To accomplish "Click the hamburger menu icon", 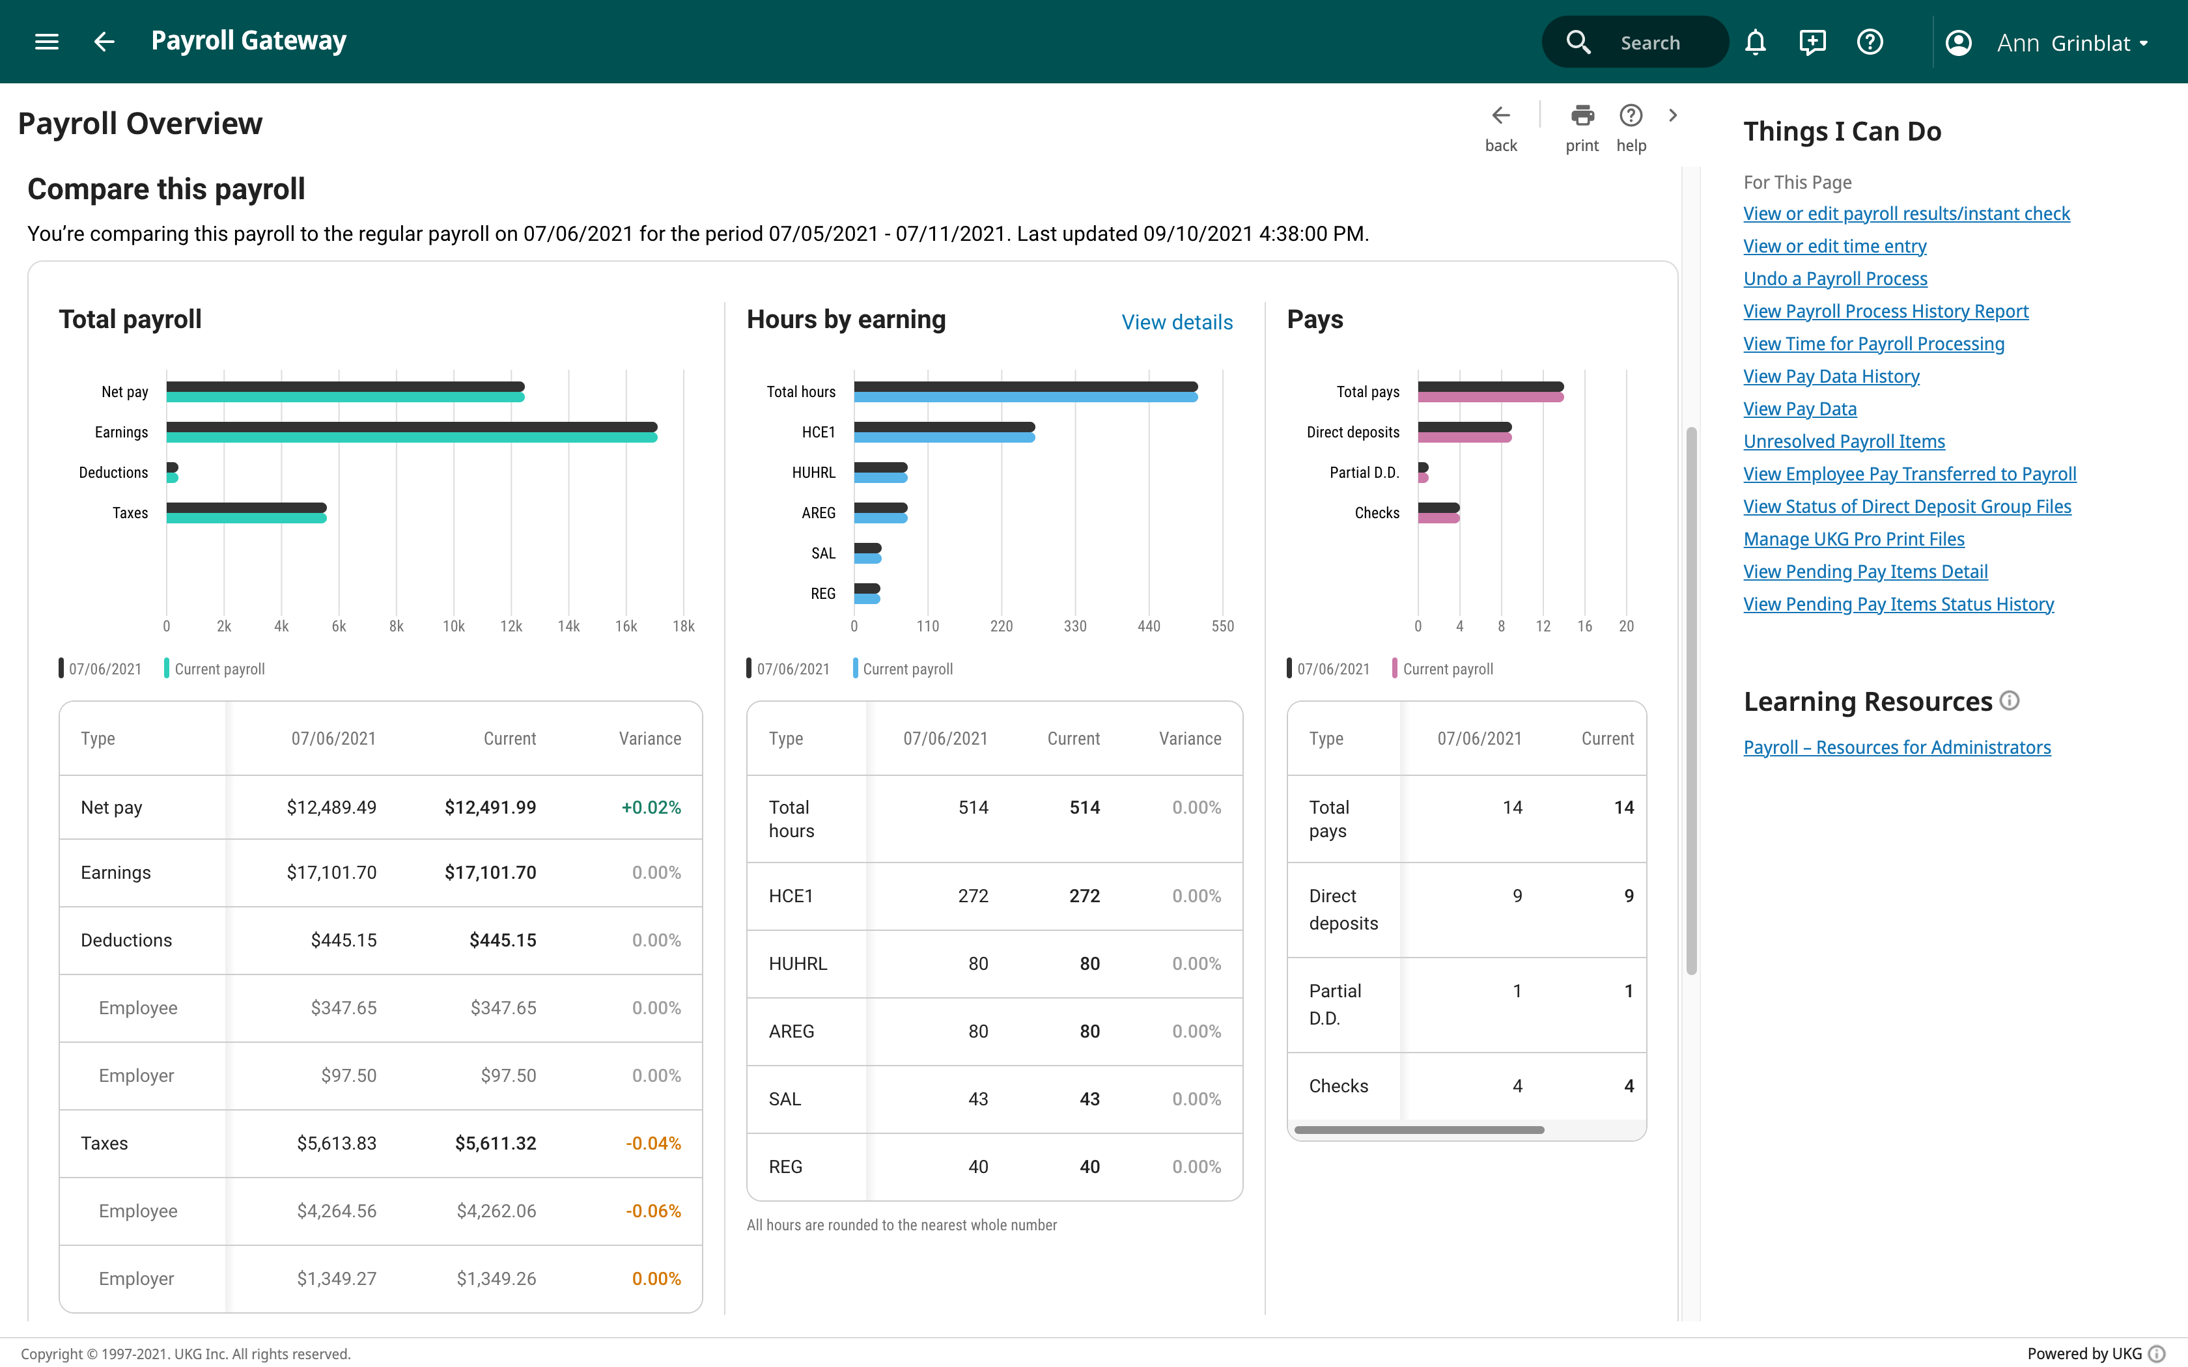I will pos(46,42).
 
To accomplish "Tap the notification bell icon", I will pos(1755,42).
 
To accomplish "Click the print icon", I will pos(1582,116).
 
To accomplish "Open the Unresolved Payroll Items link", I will pos(1844,441).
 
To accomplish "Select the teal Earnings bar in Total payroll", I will pos(412,437).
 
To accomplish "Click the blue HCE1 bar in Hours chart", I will pos(944,437).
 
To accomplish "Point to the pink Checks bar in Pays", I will pos(1438,519).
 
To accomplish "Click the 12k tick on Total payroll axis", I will pos(511,626).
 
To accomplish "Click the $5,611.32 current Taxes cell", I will pos(496,1144).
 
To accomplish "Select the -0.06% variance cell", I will pos(652,1211).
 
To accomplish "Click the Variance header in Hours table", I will pos(1189,739).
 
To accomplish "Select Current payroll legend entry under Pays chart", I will pos(1446,669).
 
